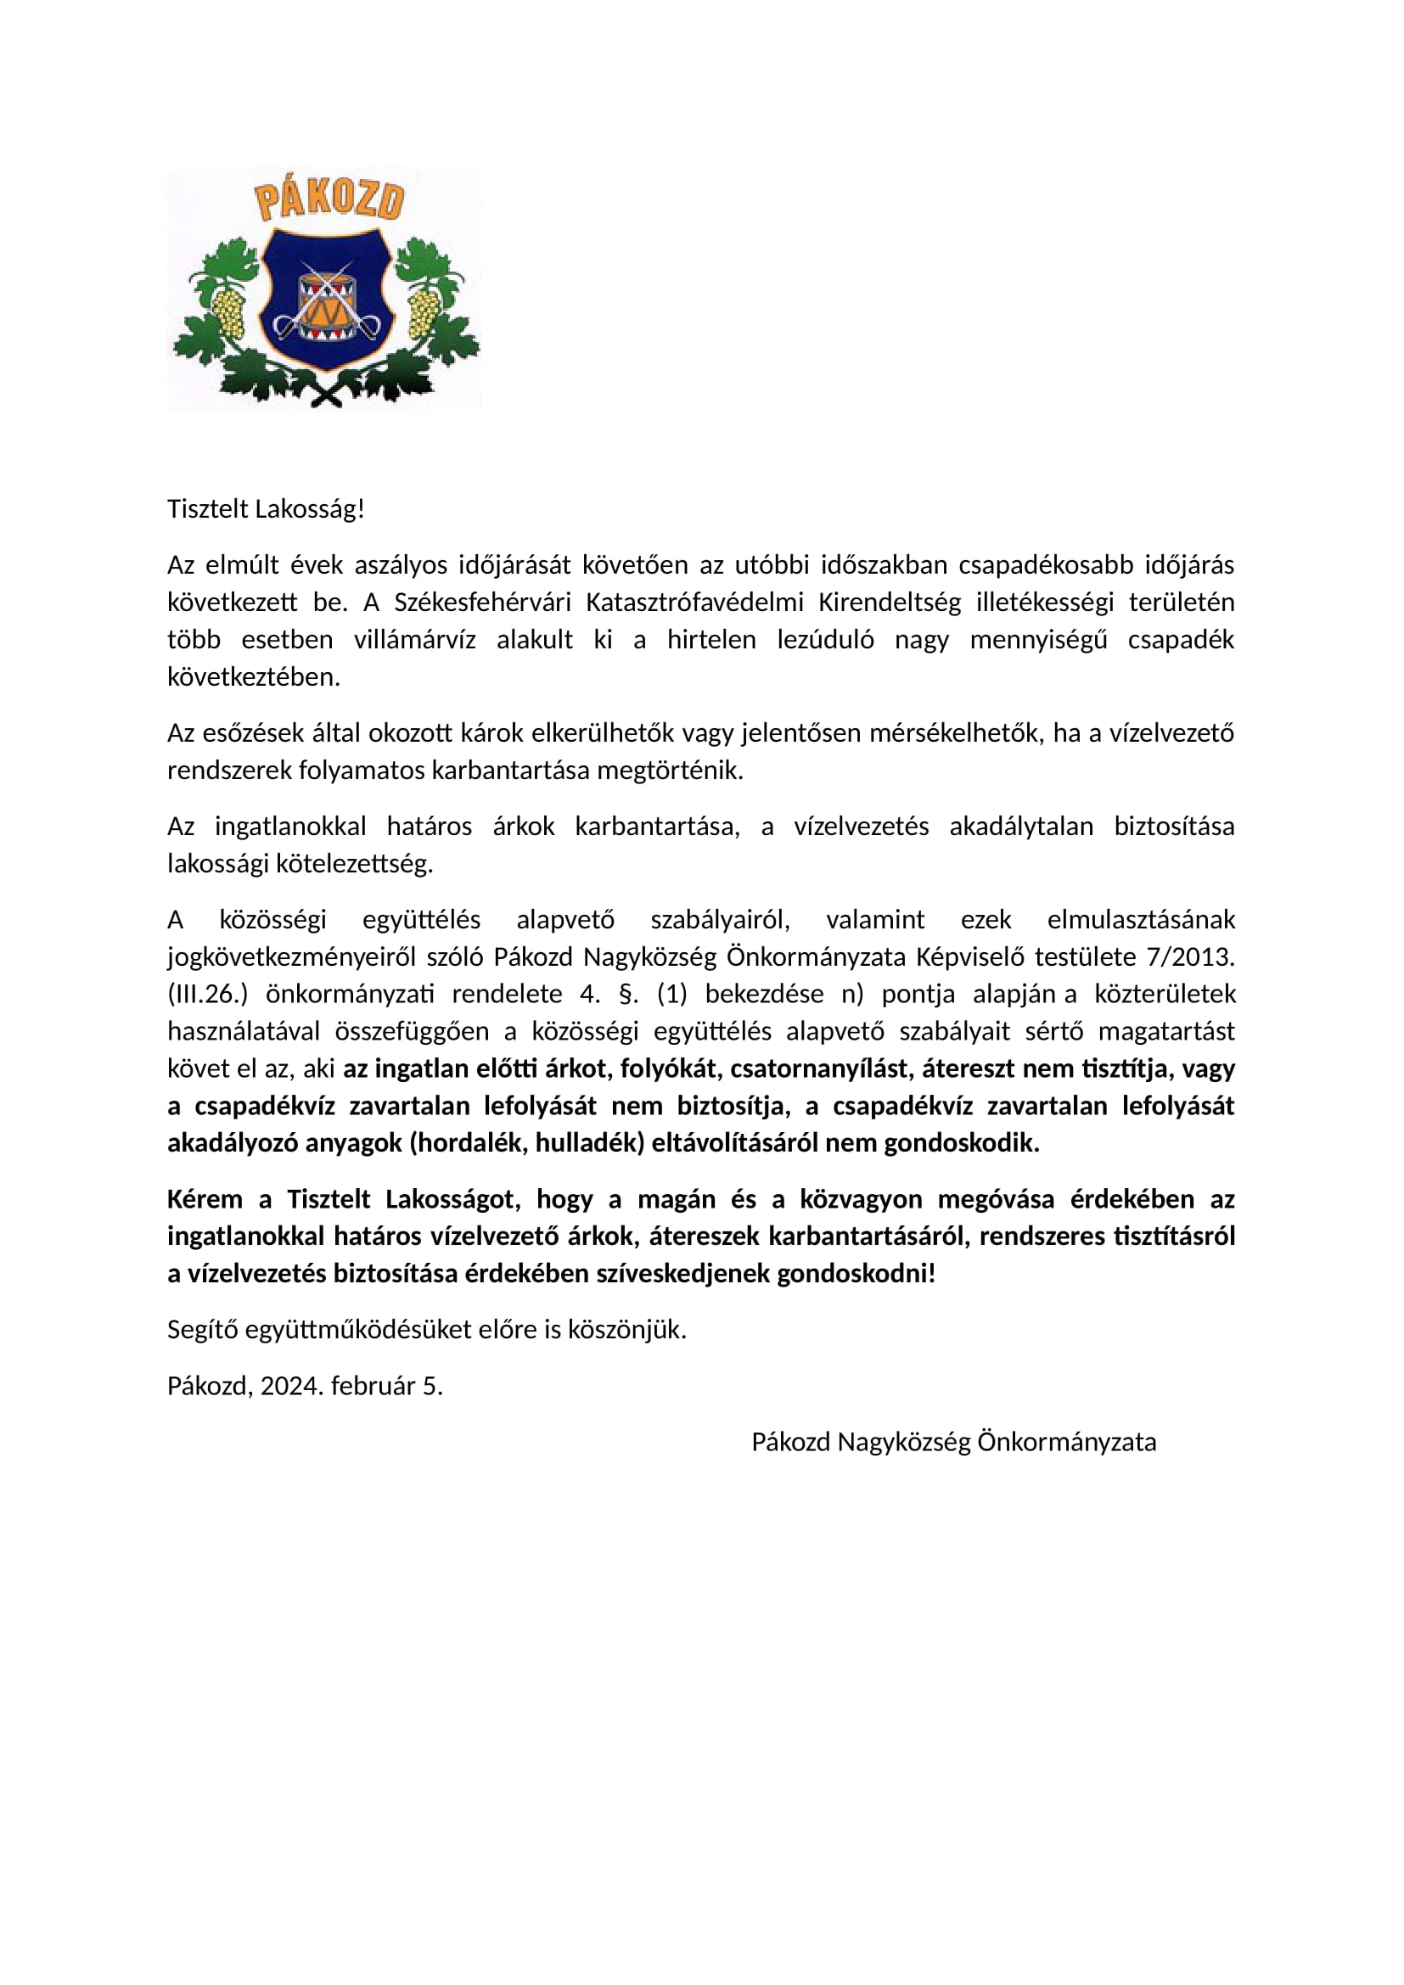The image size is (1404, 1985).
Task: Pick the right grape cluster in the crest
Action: point(424,312)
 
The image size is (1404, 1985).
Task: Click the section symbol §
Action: point(628,995)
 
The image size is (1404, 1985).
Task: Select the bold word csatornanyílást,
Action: point(823,1069)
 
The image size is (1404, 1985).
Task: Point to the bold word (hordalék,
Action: point(468,1144)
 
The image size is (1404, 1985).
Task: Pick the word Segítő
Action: point(202,1331)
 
